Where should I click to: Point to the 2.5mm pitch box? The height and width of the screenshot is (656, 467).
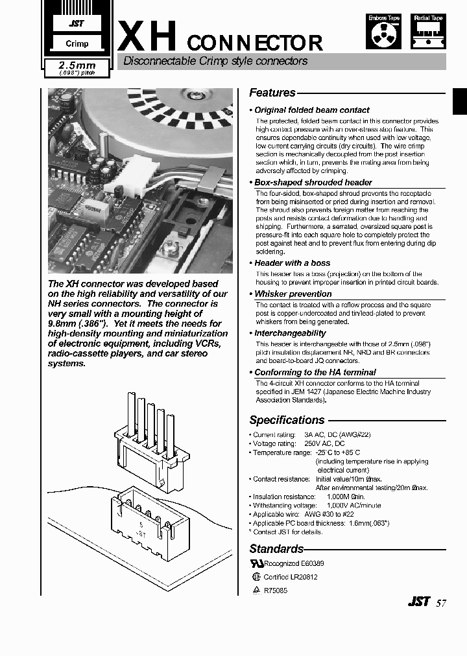coord(77,68)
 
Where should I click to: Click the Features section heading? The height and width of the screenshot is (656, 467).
coord(272,93)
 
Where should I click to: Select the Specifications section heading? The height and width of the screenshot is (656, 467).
coord(287,420)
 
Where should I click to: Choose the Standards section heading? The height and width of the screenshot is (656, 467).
coord(276,549)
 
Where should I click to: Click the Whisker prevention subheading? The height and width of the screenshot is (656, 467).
coord(293,294)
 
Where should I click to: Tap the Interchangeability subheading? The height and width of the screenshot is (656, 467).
coord(290,333)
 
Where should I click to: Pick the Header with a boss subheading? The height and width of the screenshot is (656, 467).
coord(292,263)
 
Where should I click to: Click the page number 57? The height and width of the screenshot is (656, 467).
coord(441,602)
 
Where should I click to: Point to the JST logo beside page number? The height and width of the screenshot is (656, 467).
coord(418,602)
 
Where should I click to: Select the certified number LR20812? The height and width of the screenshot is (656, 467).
coord(304,577)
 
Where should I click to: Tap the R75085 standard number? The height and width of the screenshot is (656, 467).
coord(275,591)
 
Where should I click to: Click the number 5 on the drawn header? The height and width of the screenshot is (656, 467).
coord(141,525)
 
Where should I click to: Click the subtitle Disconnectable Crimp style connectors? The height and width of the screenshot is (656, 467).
coord(215,62)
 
